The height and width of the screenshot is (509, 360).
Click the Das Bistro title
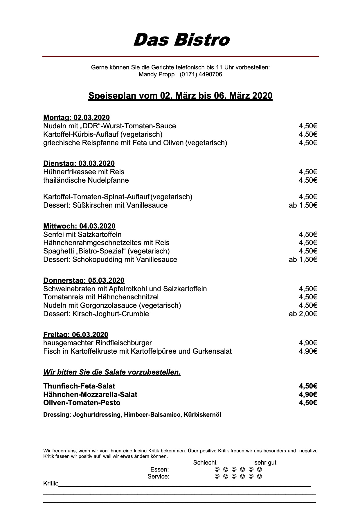tap(181, 40)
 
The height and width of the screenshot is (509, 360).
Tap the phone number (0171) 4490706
tap(201, 74)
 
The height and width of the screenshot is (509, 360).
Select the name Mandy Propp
tap(156, 74)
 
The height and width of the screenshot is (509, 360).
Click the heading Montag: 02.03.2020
tap(76, 118)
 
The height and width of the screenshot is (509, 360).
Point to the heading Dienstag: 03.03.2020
tap(79, 163)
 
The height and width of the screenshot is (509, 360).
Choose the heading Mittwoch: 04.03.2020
tap(79, 226)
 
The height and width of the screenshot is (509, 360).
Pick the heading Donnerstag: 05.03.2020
tap(84, 280)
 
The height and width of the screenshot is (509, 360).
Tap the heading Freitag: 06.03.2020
tap(75, 334)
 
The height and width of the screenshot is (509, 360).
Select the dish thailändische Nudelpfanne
tap(86, 180)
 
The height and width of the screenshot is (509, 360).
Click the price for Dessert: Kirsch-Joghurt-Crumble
tap(303, 314)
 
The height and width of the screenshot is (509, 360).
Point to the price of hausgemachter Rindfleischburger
tap(308, 343)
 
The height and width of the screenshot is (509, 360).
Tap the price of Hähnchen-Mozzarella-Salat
tap(308, 394)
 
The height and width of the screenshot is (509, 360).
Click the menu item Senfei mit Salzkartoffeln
tap(82, 234)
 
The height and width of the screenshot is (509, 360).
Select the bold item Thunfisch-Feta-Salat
tap(79, 386)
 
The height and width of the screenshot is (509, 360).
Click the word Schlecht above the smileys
tap(205, 463)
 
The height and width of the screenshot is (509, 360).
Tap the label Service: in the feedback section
tap(158, 476)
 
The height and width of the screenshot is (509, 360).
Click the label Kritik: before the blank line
tap(51, 484)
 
